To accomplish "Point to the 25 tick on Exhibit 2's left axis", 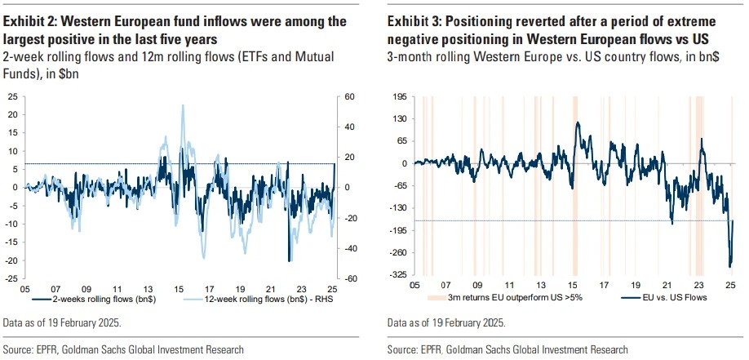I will pyautogui.click(x=13, y=96).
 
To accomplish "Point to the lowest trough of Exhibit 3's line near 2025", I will pyautogui.click(x=729, y=266).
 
